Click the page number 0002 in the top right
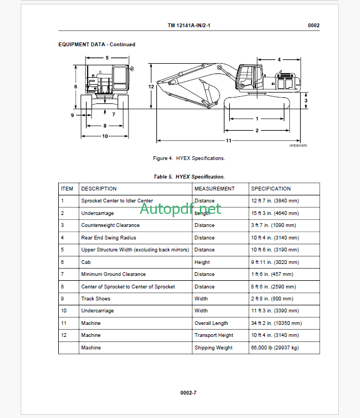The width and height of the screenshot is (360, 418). [x=313, y=26]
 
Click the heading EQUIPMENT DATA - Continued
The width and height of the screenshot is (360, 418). [x=97, y=45]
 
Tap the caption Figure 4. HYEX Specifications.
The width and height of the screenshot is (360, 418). [x=189, y=158]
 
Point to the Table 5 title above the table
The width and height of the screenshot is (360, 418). [x=189, y=177]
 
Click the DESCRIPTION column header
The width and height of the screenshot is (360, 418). [x=99, y=189]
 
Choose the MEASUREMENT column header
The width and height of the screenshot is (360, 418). [x=214, y=189]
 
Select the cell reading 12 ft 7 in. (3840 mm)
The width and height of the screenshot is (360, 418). [x=275, y=201]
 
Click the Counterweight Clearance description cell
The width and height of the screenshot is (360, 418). [x=110, y=225]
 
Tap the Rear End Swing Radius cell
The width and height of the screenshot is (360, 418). [x=108, y=238]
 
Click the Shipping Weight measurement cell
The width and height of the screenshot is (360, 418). [x=213, y=348]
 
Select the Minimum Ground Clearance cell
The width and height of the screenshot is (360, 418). [x=113, y=274]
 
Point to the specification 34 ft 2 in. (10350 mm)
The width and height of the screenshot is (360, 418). [x=276, y=323]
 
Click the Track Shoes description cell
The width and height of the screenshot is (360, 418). [x=96, y=299]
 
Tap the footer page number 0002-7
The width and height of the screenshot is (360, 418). [x=188, y=392]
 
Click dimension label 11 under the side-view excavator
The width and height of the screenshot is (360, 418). [x=229, y=141]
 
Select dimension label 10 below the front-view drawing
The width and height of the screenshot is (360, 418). [x=105, y=136]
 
